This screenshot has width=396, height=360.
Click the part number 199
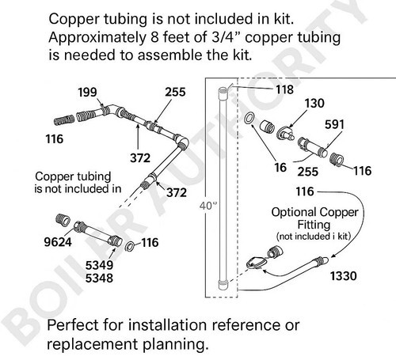(x=87, y=93)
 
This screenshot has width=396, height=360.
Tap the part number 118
(x=284, y=89)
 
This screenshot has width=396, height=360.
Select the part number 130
(x=314, y=104)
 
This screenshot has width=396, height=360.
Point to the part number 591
(x=334, y=124)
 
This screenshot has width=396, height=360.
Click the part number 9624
(x=58, y=242)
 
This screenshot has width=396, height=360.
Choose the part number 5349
(x=99, y=265)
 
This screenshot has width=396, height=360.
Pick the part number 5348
(x=99, y=278)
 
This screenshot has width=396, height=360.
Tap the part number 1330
(x=344, y=276)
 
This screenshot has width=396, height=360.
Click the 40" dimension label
(x=208, y=206)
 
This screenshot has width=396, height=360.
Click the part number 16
(x=280, y=168)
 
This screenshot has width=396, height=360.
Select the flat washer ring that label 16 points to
(x=249, y=118)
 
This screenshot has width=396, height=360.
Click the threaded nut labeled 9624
(x=63, y=220)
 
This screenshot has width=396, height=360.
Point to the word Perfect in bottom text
(x=72, y=325)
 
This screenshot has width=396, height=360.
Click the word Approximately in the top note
(x=97, y=38)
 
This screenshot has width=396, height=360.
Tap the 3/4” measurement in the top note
(x=227, y=37)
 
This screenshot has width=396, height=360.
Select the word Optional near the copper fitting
(x=294, y=213)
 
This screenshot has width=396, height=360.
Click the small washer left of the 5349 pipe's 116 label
(x=130, y=246)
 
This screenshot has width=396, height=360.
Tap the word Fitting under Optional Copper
(x=314, y=225)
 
